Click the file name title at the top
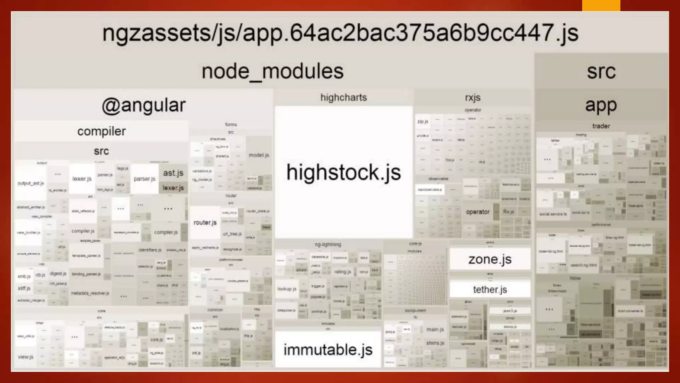(340, 33)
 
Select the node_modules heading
(272, 71)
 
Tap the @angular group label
(143, 106)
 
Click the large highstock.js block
(344, 172)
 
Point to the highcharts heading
(344, 98)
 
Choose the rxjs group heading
(473, 98)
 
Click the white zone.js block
(490, 259)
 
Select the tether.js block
(490, 290)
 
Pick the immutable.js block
(328, 350)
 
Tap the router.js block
(205, 222)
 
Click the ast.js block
(173, 173)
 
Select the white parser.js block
(144, 179)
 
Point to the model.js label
(259, 155)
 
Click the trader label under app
(601, 126)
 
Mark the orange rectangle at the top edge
(601, 5)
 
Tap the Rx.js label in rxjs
(508, 212)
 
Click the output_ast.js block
(31, 183)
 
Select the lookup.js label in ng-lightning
(287, 289)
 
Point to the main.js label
(435, 329)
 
